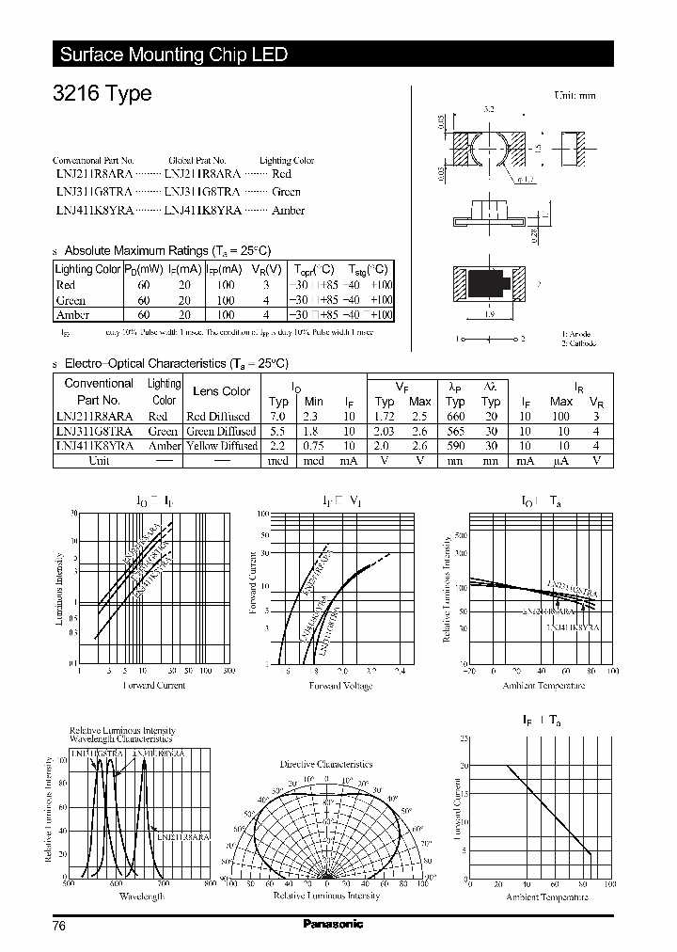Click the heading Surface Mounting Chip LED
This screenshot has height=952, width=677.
pyautogui.click(x=173, y=55)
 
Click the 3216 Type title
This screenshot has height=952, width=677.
pyautogui.click(x=101, y=95)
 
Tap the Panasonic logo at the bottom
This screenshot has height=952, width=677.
pyautogui.click(x=333, y=924)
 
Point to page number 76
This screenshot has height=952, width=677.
pyautogui.click(x=59, y=925)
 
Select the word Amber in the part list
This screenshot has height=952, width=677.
pyautogui.click(x=288, y=210)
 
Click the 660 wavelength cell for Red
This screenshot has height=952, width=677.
pyautogui.click(x=455, y=416)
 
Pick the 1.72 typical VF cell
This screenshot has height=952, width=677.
pyautogui.click(x=385, y=416)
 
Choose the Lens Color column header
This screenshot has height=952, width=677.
pyautogui.click(x=221, y=391)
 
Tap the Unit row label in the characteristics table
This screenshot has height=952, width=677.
pyautogui.click(x=99, y=461)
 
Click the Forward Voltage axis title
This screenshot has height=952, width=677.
pyautogui.click(x=339, y=686)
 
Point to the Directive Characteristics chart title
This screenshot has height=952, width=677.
pyautogui.click(x=326, y=764)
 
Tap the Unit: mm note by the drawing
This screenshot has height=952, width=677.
pyautogui.click(x=575, y=95)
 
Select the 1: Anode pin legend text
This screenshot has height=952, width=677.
pyautogui.click(x=576, y=334)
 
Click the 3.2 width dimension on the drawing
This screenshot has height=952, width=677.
pyautogui.click(x=488, y=111)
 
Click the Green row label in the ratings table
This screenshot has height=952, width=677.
pyautogui.click(x=71, y=301)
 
